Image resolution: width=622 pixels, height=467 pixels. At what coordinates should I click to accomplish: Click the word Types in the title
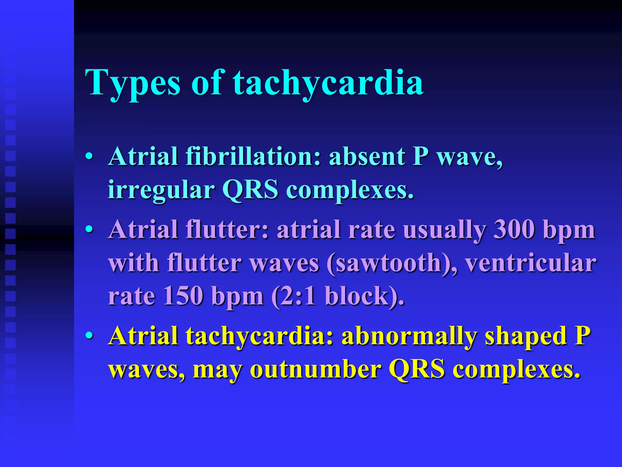pyautogui.click(x=133, y=83)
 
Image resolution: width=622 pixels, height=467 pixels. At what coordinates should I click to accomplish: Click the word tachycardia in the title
pyautogui.click(x=328, y=83)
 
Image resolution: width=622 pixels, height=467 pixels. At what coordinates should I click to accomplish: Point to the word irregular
pyautogui.click(x=161, y=190)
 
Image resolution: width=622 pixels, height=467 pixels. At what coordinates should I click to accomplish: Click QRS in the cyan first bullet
pyautogui.click(x=250, y=190)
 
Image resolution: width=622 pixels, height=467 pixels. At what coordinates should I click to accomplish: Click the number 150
pyautogui.click(x=183, y=296)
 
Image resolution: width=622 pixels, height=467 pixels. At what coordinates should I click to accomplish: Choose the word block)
pyautogui.click(x=364, y=296)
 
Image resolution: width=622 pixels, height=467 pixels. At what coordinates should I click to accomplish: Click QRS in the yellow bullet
pyautogui.click(x=417, y=370)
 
